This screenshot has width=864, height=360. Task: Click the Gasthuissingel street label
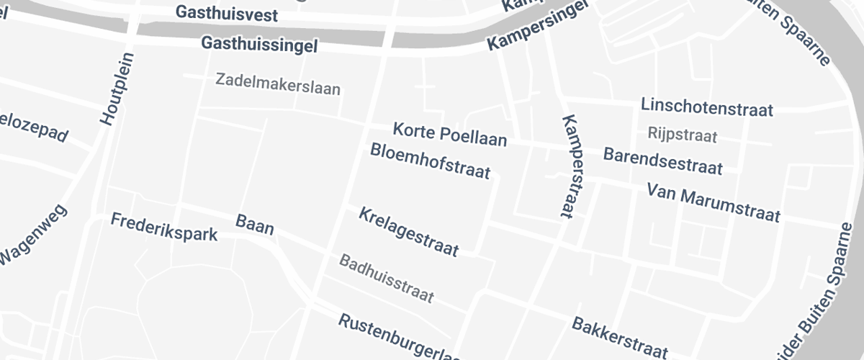260,45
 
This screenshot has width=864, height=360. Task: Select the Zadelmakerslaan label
278,84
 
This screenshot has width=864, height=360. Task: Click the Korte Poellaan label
449,135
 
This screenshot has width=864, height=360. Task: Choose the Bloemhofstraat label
430,161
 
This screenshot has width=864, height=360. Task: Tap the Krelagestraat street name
408,231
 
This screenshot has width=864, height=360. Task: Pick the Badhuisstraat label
387,278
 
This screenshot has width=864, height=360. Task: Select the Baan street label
255,225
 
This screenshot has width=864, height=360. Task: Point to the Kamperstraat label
575,166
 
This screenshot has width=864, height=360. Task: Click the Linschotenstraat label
706,107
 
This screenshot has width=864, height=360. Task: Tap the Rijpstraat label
683,134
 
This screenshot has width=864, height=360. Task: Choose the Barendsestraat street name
662,161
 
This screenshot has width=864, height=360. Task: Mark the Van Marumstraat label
713,203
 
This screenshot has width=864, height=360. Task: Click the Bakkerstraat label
619,337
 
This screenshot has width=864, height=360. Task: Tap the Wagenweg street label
32,235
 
